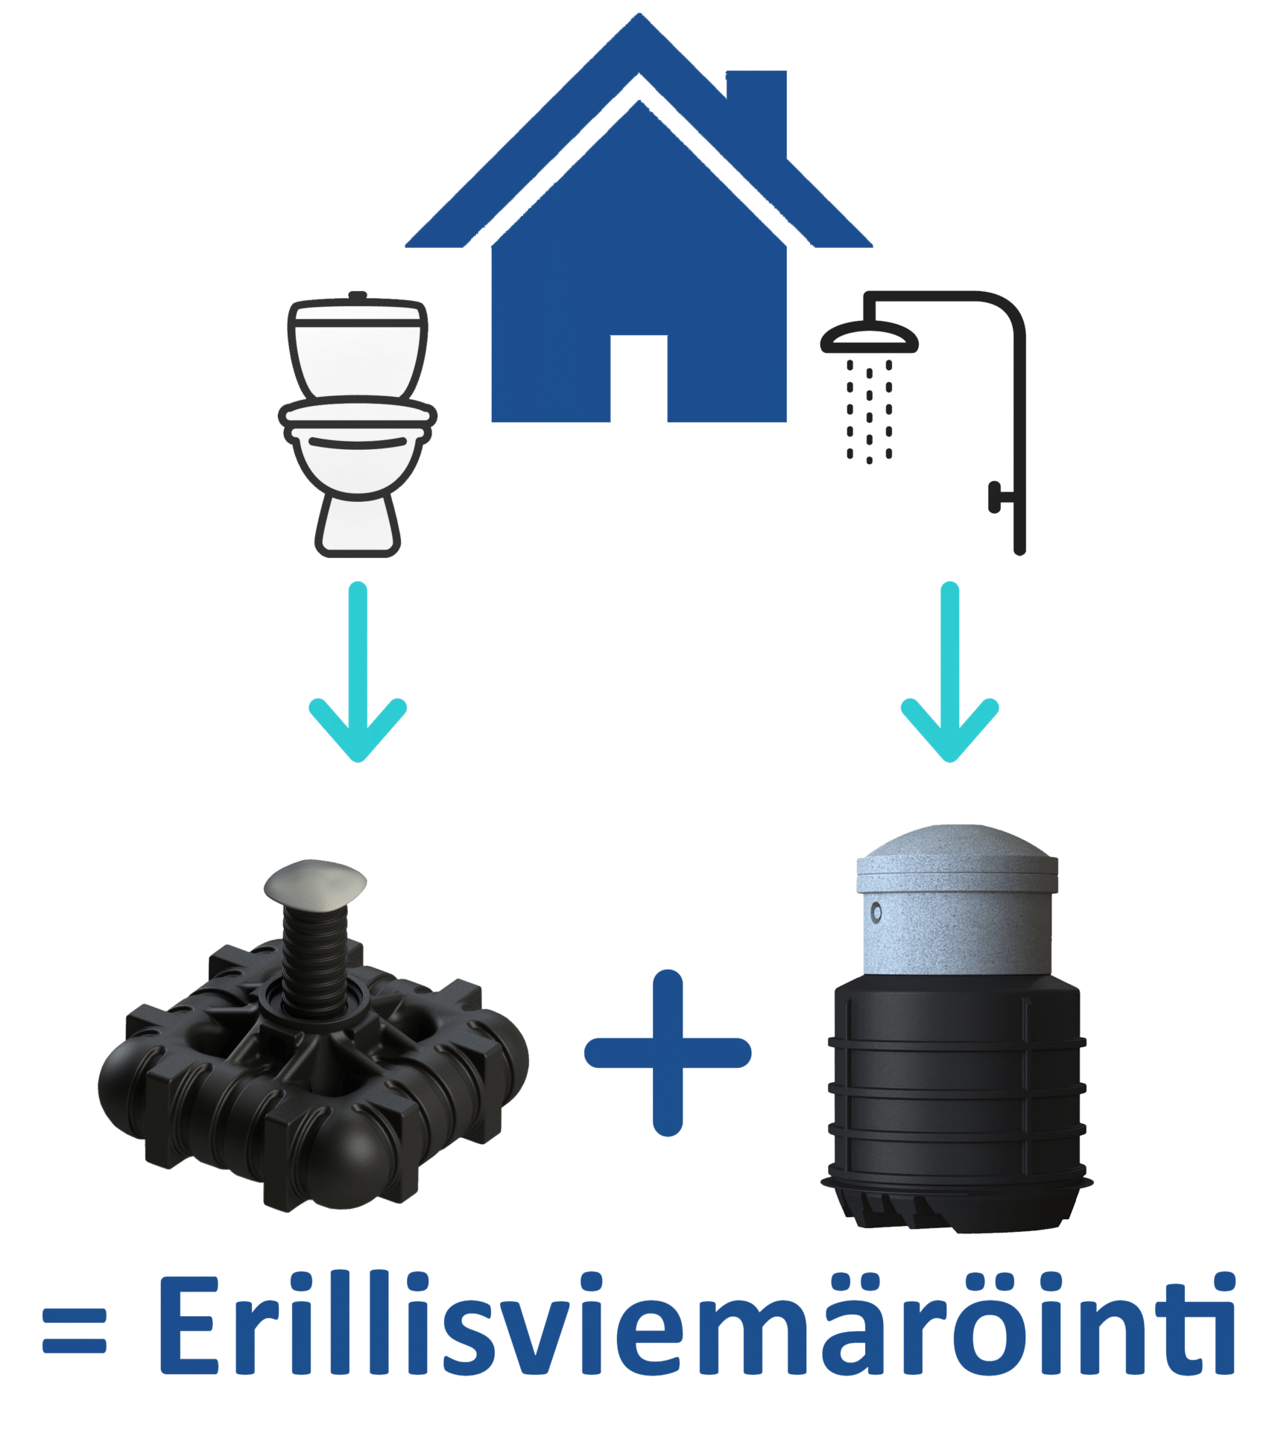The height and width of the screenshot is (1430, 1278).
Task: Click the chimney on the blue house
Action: (756, 104)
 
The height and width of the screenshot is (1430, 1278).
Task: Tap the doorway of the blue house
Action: (639, 380)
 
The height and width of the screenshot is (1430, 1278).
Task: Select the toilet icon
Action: (358, 425)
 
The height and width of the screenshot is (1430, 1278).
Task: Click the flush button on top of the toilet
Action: (358, 296)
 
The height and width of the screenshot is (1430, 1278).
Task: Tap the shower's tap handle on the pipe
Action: (996, 497)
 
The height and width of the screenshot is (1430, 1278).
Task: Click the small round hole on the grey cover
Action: (876, 912)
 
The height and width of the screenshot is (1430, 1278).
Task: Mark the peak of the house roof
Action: (639, 19)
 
